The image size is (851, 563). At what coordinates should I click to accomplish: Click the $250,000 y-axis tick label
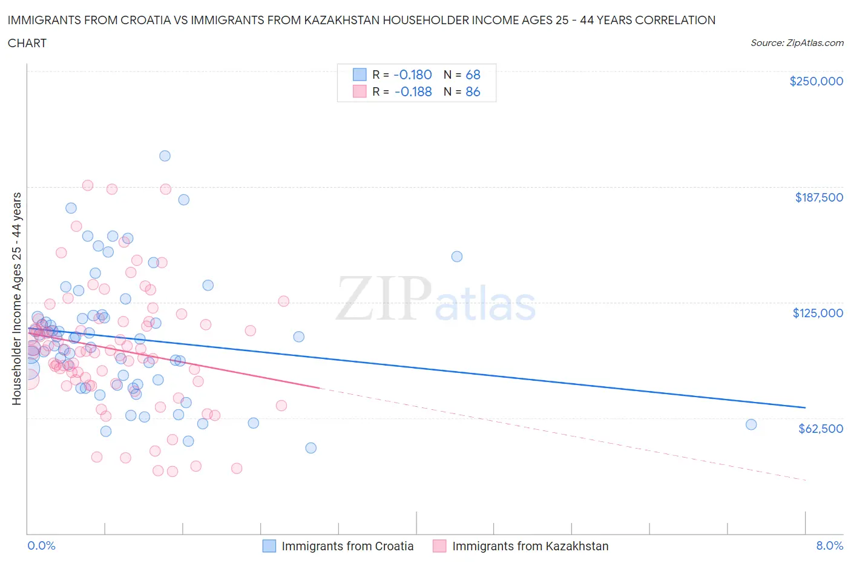816,82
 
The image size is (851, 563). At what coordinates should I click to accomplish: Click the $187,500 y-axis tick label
818,197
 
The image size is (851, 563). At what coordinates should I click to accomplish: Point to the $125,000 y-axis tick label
817,313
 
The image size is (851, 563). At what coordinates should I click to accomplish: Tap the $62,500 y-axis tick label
820,429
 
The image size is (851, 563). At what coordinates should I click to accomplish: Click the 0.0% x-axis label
41,545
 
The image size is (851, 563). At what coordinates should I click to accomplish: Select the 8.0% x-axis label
829,545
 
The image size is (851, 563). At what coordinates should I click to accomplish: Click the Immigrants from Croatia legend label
347,546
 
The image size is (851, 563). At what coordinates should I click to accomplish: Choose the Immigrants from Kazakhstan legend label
530,546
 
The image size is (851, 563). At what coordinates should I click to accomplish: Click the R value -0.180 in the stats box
412,74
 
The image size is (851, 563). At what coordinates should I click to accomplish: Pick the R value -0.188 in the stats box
413,91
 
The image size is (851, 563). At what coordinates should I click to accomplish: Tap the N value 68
473,74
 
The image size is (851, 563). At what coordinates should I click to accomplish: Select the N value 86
473,91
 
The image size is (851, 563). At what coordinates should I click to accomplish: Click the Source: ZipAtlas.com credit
797,43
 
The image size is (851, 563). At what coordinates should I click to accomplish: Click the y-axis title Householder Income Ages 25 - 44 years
16,298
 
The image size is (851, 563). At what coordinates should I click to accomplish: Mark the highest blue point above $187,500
165,156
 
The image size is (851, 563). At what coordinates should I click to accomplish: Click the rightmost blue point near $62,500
751,424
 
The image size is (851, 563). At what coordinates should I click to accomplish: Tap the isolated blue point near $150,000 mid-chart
457,257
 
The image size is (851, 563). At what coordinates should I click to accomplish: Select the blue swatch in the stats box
360,74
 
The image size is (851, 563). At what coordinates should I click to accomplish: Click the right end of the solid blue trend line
805,407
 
